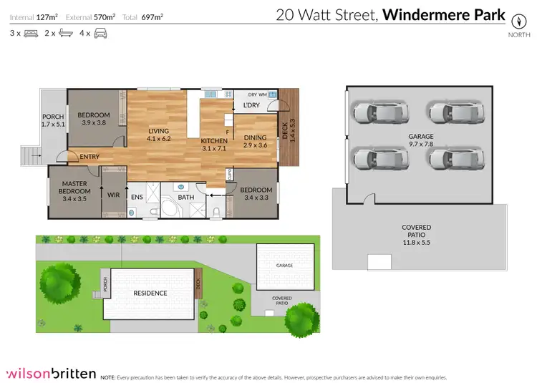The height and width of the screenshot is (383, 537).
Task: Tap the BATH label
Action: (x=186, y=197)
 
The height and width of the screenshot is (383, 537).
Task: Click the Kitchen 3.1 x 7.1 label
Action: (x=213, y=145)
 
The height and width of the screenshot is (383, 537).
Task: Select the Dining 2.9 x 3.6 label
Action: (x=254, y=142)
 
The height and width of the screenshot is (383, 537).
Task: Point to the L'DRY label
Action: (x=251, y=106)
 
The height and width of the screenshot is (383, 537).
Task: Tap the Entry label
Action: (x=90, y=157)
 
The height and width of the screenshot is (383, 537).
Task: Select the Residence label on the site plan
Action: (x=150, y=293)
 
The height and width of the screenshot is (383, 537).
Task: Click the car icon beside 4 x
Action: (x=100, y=33)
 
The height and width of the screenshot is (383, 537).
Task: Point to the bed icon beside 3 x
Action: (x=30, y=33)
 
